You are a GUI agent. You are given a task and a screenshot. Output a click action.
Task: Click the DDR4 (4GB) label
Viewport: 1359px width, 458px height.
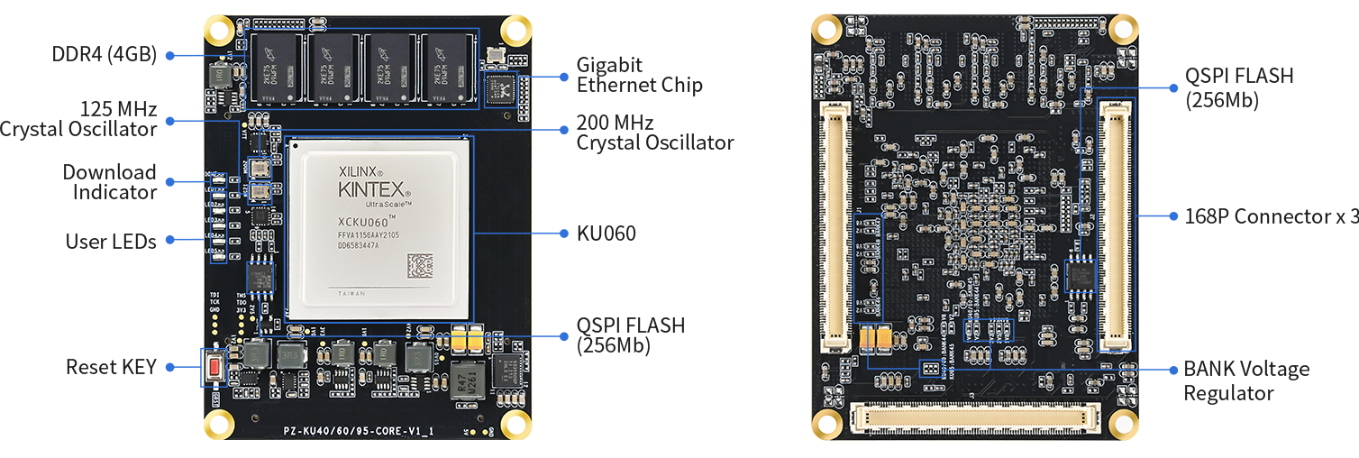click(105, 55)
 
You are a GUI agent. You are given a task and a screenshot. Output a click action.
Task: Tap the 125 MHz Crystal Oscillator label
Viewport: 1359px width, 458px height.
click(79, 120)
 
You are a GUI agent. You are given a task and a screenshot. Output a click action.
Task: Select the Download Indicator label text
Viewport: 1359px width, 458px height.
click(110, 182)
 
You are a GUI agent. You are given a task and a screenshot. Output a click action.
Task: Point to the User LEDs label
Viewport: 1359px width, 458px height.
click(111, 242)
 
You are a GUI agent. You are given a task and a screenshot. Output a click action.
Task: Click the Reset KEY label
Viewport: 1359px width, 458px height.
click(111, 367)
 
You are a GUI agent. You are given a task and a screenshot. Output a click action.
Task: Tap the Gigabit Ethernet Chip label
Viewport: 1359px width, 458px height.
click(639, 76)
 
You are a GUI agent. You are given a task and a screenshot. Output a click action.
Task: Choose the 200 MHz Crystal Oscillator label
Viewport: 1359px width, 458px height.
click(654, 133)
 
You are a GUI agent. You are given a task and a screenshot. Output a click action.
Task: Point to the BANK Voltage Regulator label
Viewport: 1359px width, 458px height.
click(1245, 380)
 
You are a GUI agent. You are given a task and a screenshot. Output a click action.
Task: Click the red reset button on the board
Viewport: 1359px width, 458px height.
click(215, 368)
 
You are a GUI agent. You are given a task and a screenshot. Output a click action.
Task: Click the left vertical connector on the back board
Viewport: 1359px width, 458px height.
click(835, 225)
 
